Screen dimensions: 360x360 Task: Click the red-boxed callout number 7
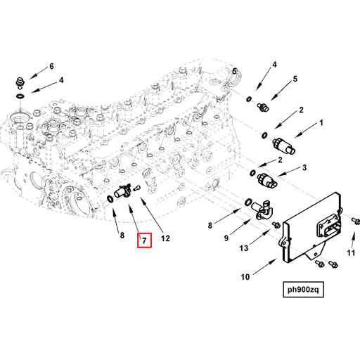(x=143, y=241)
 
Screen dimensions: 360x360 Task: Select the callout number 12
(x=165, y=238)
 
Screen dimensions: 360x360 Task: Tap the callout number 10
(x=245, y=276)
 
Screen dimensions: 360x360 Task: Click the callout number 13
(x=243, y=247)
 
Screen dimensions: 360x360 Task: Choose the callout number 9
(x=227, y=238)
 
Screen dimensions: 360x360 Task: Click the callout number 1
(x=322, y=123)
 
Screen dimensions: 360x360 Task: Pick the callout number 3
(x=304, y=168)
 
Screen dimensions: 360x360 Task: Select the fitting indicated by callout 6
(x=21, y=81)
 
